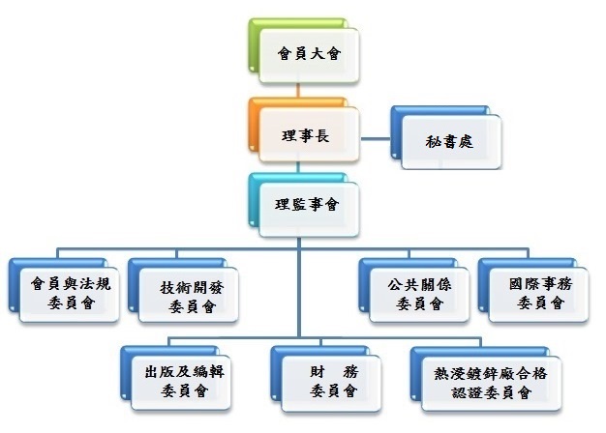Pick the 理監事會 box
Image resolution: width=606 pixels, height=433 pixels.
coord(305,206)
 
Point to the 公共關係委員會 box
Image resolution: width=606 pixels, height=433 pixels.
coord(420,294)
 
